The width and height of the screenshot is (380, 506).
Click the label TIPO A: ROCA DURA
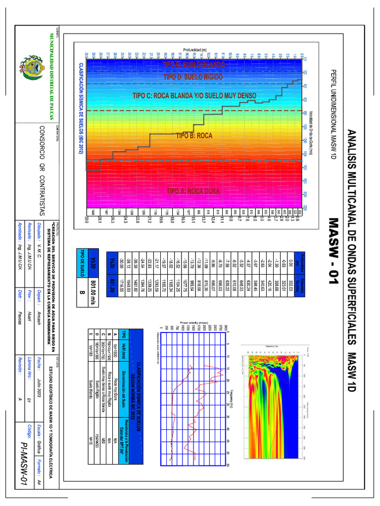[192, 191]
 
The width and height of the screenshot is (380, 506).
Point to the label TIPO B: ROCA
[194, 135]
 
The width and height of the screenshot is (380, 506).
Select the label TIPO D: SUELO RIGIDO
[193, 78]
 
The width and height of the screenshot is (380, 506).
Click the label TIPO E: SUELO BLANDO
[193, 65]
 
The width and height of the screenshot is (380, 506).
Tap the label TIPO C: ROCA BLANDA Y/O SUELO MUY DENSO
[194, 95]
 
